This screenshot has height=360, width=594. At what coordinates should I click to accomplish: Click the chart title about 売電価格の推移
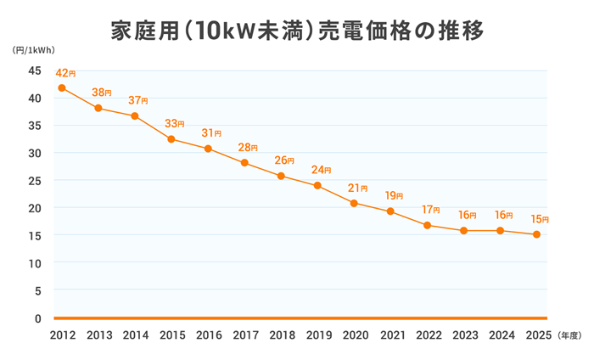point(297,31)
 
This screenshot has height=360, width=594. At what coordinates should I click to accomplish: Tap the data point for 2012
point(62,88)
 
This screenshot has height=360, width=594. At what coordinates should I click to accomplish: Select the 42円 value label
point(65,73)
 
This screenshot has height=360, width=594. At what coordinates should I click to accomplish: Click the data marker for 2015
point(171,139)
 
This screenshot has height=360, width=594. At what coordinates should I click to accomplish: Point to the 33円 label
point(175,123)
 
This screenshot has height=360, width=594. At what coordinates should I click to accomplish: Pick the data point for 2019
point(317,186)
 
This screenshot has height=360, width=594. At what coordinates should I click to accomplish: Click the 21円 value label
point(358,188)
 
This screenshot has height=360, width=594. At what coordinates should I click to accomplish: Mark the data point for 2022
point(427,225)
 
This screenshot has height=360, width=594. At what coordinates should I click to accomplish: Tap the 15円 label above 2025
point(540,219)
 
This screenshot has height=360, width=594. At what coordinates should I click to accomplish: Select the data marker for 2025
point(536,234)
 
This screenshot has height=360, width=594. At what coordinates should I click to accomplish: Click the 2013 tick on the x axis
point(98,335)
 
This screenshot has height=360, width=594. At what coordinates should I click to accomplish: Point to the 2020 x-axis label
point(354,335)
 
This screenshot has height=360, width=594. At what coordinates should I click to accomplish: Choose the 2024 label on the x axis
point(500,335)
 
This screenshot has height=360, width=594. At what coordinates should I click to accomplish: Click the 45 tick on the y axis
point(35,70)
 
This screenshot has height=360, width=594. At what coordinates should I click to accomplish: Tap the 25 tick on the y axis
point(35,180)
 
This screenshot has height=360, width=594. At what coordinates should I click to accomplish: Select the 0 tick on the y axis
point(38,318)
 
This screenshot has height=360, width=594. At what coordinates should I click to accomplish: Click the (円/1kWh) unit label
point(33,51)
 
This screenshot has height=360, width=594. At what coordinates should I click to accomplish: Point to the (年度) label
point(570,336)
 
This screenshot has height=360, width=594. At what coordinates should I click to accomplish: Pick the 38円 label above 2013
point(102,92)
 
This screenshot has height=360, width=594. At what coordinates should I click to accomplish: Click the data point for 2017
point(244,163)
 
